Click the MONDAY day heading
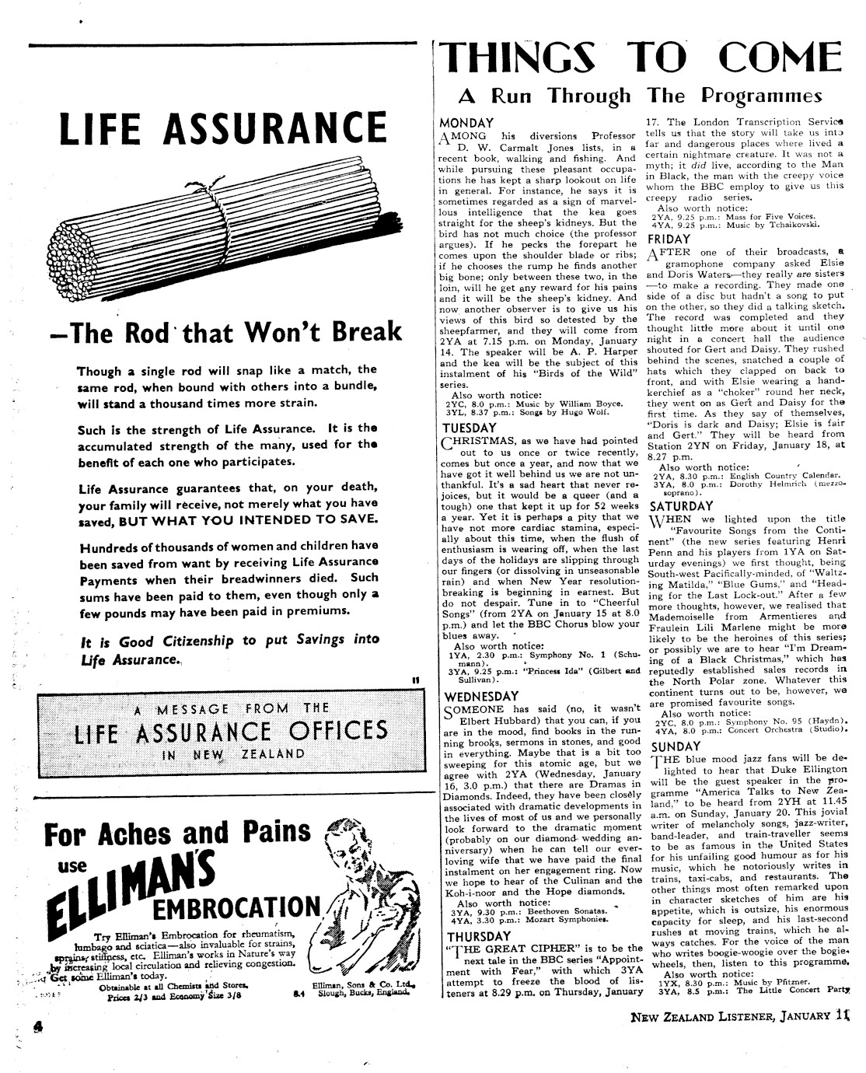pos(466,123)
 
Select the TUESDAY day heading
pos(469,428)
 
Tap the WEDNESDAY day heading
pos(480,696)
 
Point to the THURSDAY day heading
pos(477,936)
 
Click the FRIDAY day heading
pos(669,239)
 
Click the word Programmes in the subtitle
pos(762,96)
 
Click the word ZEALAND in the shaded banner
pos(272,754)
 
